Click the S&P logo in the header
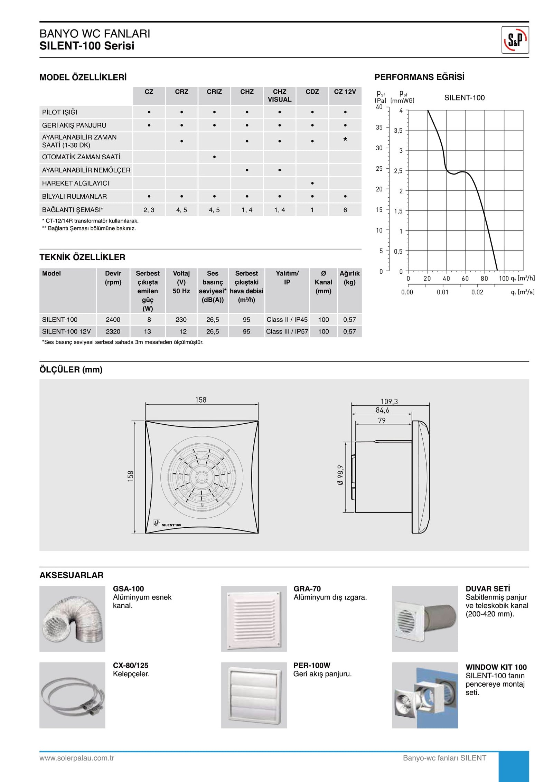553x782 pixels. point(515,40)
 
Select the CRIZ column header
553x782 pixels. point(214,92)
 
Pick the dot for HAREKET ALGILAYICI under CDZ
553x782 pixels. point(312,183)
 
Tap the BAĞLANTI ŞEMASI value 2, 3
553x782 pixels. point(149,210)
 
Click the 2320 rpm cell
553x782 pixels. point(113,331)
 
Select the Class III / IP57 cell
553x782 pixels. point(287,331)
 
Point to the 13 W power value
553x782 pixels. point(148,331)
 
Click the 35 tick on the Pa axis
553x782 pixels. point(379,128)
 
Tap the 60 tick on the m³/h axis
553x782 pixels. point(465,278)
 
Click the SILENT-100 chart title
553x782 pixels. point(464,98)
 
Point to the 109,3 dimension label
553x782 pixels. point(389,402)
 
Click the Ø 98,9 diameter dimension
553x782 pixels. point(340,475)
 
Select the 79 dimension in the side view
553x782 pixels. point(382,421)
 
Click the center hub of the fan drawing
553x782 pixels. point(201,477)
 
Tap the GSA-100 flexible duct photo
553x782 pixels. point(72,619)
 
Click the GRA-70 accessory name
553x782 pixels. point(307,589)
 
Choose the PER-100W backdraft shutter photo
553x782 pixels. point(254,695)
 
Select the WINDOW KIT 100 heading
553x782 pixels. point(496,667)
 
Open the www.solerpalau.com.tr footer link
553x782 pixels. point(77,758)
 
